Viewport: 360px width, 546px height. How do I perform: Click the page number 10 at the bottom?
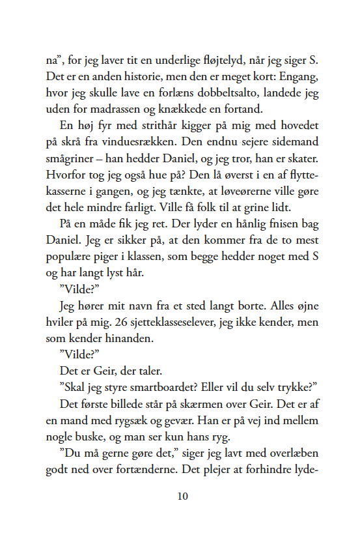click(182, 496)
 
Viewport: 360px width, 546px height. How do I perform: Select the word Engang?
click(298, 78)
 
